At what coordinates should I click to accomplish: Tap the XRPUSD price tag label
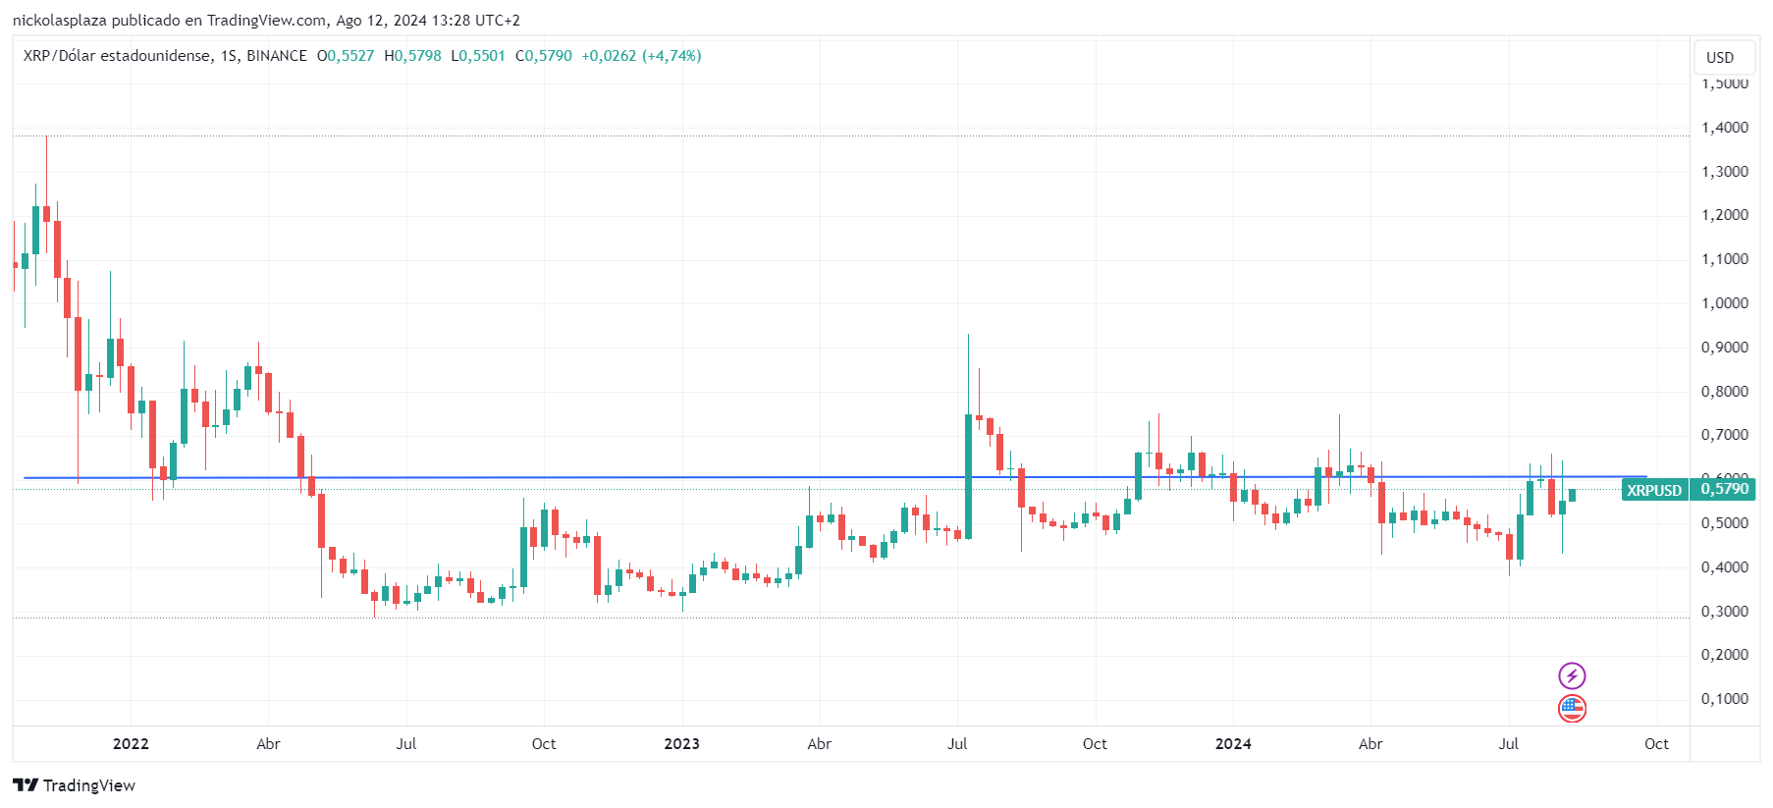[1654, 490]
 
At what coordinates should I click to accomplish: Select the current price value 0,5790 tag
[1724, 489]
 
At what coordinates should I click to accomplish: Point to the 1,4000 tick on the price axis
[1724, 128]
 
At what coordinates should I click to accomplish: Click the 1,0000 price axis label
[1724, 303]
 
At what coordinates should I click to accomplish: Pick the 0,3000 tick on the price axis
[1724, 612]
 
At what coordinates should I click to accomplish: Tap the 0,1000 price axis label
[1724, 699]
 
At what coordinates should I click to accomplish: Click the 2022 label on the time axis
[131, 744]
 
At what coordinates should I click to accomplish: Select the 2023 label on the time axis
[681, 744]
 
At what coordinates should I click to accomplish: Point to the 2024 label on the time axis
[1233, 744]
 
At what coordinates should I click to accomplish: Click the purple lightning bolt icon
[1572, 675]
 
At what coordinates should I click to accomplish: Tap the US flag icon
[1572, 708]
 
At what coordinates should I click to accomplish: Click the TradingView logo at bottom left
[75, 785]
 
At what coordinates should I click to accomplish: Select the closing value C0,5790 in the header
[544, 56]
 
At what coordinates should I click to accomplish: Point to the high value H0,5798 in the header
[412, 56]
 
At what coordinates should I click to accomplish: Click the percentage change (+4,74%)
[672, 56]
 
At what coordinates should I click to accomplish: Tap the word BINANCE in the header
[277, 56]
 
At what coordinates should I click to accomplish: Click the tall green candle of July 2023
[969, 476]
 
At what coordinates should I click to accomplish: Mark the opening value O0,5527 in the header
[346, 56]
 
